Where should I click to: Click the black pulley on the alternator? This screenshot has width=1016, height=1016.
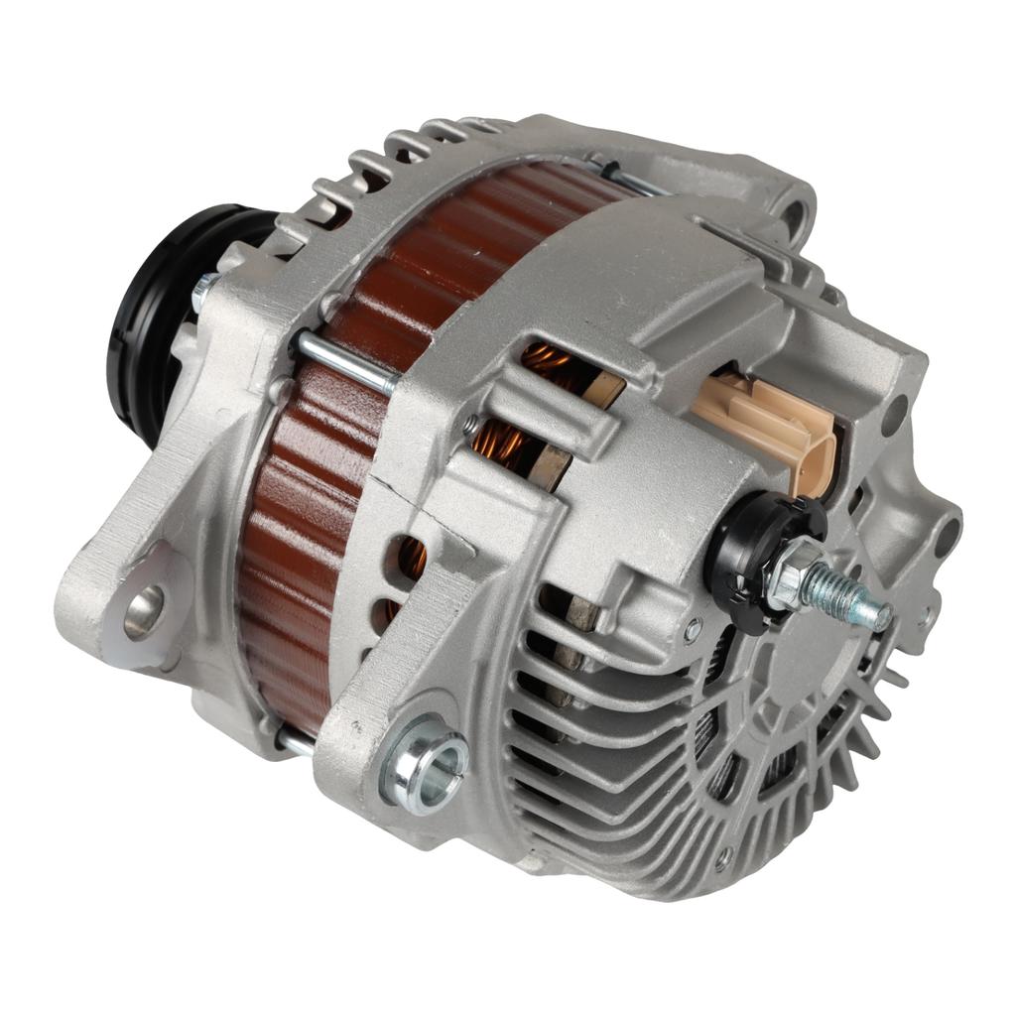pos(149,317)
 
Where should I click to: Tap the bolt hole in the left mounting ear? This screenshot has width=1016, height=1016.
pos(145,610)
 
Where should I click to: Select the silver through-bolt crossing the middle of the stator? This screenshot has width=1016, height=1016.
pos(347,362)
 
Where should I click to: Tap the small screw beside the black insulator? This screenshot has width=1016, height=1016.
pos(693,627)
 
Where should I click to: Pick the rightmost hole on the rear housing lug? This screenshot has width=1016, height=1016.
pos(947,537)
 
